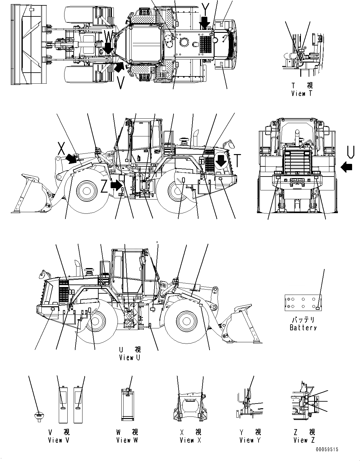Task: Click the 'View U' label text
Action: pyautogui.click(x=130, y=358)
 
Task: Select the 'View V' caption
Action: pyautogui.click(x=59, y=440)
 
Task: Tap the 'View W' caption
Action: pyautogui.click(x=127, y=440)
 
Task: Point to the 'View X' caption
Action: pyautogui.click(x=190, y=440)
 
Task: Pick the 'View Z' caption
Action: pyautogui.click(x=304, y=440)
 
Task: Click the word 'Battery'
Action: pyautogui.click(x=303, y=327)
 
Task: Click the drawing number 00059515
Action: pyautogui.click(x=326, y=450)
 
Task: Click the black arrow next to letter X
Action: pyautogui.click(x=72, y=158)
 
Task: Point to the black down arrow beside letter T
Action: pyautogui.click(x=221, y=161)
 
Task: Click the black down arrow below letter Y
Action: pyautogui.click(x=205, y=22)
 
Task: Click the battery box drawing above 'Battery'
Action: pyautogui.click(x=303, y=302)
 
